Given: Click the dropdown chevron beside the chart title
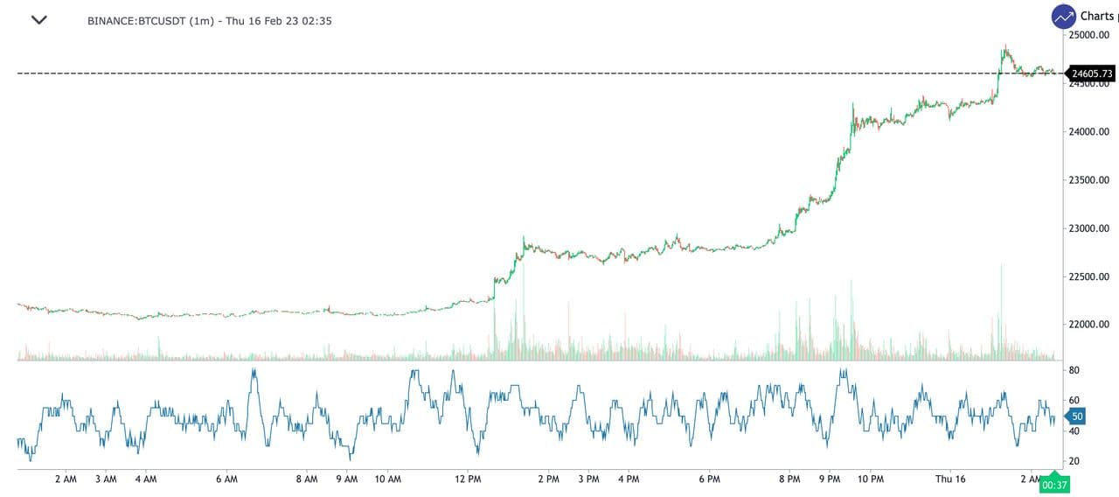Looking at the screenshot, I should point(38,20).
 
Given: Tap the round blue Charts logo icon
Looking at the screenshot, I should point(1064,17).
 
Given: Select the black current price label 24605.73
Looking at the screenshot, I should point(1092,73).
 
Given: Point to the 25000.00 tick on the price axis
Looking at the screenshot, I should point(1088,35).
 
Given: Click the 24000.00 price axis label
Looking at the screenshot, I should point(1088,132).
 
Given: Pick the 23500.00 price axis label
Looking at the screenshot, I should point(1088,180).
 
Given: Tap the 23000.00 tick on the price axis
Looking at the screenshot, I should point(1088,228).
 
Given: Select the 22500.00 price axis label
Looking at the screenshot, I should point(1088,277).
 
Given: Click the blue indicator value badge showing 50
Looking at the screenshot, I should point(1076,417).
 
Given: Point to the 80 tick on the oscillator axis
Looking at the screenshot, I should point(1074,371).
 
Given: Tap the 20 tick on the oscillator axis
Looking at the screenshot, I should point(1074,461).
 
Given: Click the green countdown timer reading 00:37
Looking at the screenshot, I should point(1055,485).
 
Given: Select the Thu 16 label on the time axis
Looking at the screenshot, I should point(950,479).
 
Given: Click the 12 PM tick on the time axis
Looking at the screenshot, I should point(469,479).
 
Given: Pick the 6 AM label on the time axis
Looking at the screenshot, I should point(226,479).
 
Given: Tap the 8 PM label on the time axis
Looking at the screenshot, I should point(789,479).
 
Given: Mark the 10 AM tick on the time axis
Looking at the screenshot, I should point(387,479).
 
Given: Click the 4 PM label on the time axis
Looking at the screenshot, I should point(629,479).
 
